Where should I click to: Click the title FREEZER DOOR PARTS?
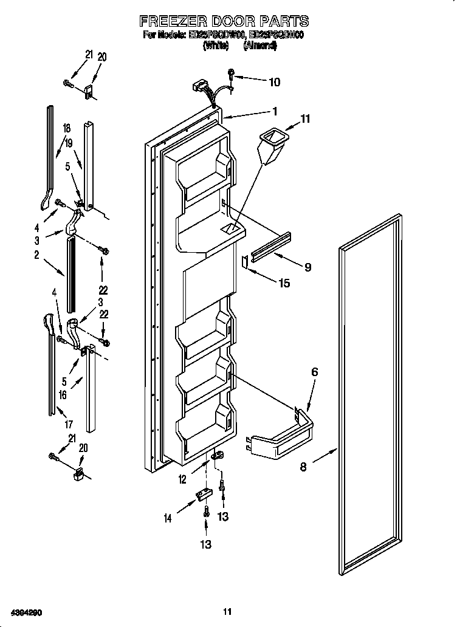pyautogui.click(x=224, y=21)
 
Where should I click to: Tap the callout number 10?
pyautogui.click(x=274, y=81)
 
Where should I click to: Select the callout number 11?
pyautogui.click(x=305, y=120)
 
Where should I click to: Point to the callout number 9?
pyautogui.click(x=308, y=267)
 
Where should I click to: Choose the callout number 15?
pyautogui.click(x=284, y=283)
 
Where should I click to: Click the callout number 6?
pyautogui.click(x=314, y=372)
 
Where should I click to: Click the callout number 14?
pyautogui.click(x=167, y=518)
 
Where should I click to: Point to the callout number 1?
pyautogui.click(x=275, y=111)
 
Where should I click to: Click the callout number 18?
pyautogui.click(x=67, y=128)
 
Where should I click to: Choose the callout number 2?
pyautogui.click(x=36, y=256)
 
